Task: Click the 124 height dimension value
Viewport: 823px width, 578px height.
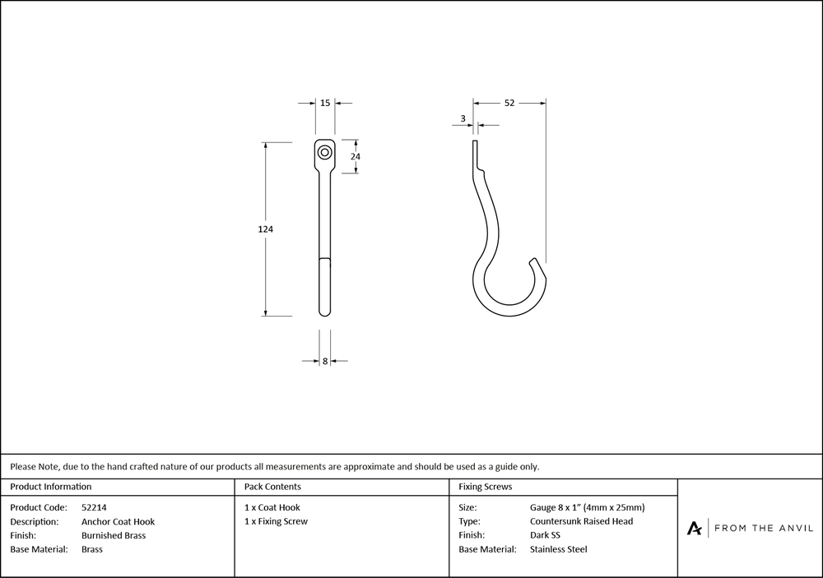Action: coord(265,229)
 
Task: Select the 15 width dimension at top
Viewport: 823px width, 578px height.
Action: coord(325,103)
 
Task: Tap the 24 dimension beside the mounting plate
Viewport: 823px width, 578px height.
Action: coord(356,156)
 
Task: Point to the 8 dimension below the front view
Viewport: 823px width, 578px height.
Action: coord(325,361)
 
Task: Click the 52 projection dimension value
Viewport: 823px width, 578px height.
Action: coord(509,103)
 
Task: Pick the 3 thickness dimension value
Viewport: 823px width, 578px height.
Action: coord(463,118)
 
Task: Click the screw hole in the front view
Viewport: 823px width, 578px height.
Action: coord(326,152)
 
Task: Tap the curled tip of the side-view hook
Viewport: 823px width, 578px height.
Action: coord(540,264)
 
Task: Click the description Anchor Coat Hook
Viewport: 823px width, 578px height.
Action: coord(118,521)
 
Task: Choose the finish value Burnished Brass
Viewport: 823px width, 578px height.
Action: coord(114,535)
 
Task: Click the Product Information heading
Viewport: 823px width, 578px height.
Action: coord(51,487)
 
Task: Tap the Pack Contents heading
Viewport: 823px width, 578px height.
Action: coord(272,487)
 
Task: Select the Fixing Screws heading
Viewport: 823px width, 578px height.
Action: coord(486,487)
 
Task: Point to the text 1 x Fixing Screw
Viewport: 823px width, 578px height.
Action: coord(276,521)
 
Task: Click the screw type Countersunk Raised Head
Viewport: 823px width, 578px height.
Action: coord(581,521)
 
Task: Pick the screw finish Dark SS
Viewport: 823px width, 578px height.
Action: coord(545,535)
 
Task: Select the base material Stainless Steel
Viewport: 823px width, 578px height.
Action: coord(559,549)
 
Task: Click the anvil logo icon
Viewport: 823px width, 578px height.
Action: coord(695,528)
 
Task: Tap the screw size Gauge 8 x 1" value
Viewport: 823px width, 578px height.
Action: coord(587,507)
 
